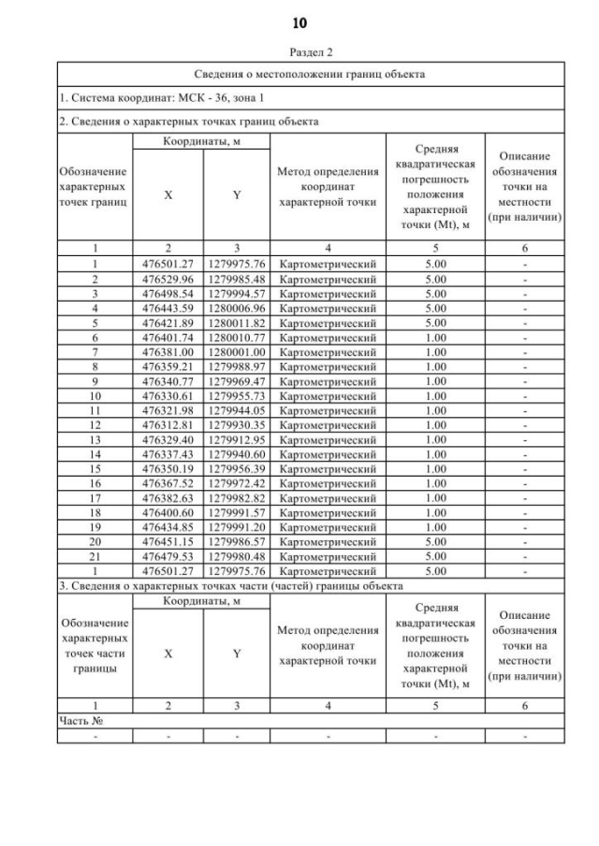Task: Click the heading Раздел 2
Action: (x=299, y=52)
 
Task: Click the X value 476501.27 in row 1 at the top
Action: (x=168, y=265)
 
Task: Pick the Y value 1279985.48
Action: (x=237, y=278)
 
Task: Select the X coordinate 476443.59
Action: (x=168, y=306)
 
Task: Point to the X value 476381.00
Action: (x=168, y=352)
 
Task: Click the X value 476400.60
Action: (x=168, y=511)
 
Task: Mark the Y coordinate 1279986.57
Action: (x=237, y=540)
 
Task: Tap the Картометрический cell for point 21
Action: (x=328, y=555)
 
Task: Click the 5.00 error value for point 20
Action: (x=435, y=540)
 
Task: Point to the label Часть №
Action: (x=80, y=721)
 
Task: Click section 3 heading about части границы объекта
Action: (x=230, y=585)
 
